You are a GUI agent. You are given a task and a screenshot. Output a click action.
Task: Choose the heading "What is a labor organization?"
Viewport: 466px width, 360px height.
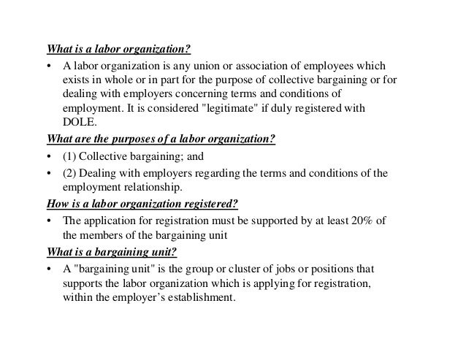[118, 50]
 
